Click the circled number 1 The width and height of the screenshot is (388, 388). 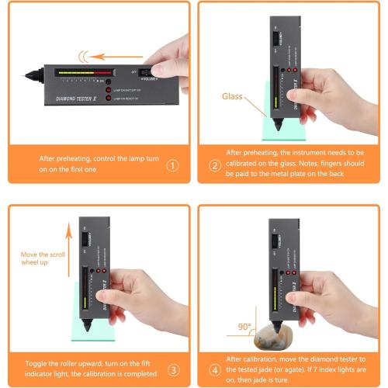tap(172, 165)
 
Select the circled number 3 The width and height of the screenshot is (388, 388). tap(172, 369)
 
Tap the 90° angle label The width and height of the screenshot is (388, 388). tap(245, 327)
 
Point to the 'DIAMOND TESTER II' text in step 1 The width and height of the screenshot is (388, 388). tap(81, 99)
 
